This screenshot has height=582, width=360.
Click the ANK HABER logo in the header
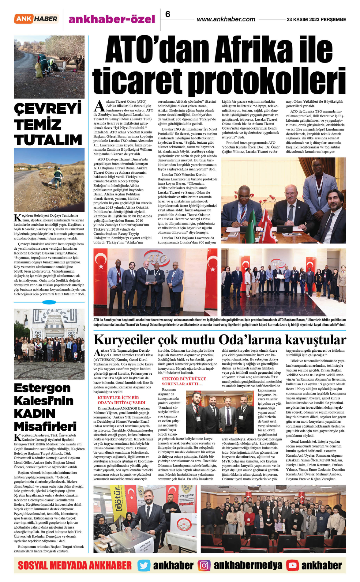coord(36,19)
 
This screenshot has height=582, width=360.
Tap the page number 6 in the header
coord(168,14)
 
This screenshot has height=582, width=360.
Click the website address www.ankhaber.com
coord(226,19)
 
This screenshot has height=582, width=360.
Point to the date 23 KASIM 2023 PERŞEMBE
coord(316,19)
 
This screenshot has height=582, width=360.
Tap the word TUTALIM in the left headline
coord(48,140)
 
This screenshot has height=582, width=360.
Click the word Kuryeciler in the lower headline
coord(124,340)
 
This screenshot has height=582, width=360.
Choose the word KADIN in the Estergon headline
coord(35,414)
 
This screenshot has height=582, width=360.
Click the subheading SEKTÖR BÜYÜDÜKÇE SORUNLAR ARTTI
coord(184,381)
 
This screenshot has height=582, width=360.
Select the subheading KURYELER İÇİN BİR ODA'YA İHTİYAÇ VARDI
coord(122,400)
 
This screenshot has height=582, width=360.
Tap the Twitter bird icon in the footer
coord(144,565)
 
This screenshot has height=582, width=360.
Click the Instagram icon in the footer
coord(204,565)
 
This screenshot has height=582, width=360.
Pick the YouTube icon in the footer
coord(292,565)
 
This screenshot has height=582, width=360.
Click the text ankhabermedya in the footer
coord(248,565)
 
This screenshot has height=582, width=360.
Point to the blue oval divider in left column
coord(49,302)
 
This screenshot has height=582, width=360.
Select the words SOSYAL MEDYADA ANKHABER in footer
coord(75,565)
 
